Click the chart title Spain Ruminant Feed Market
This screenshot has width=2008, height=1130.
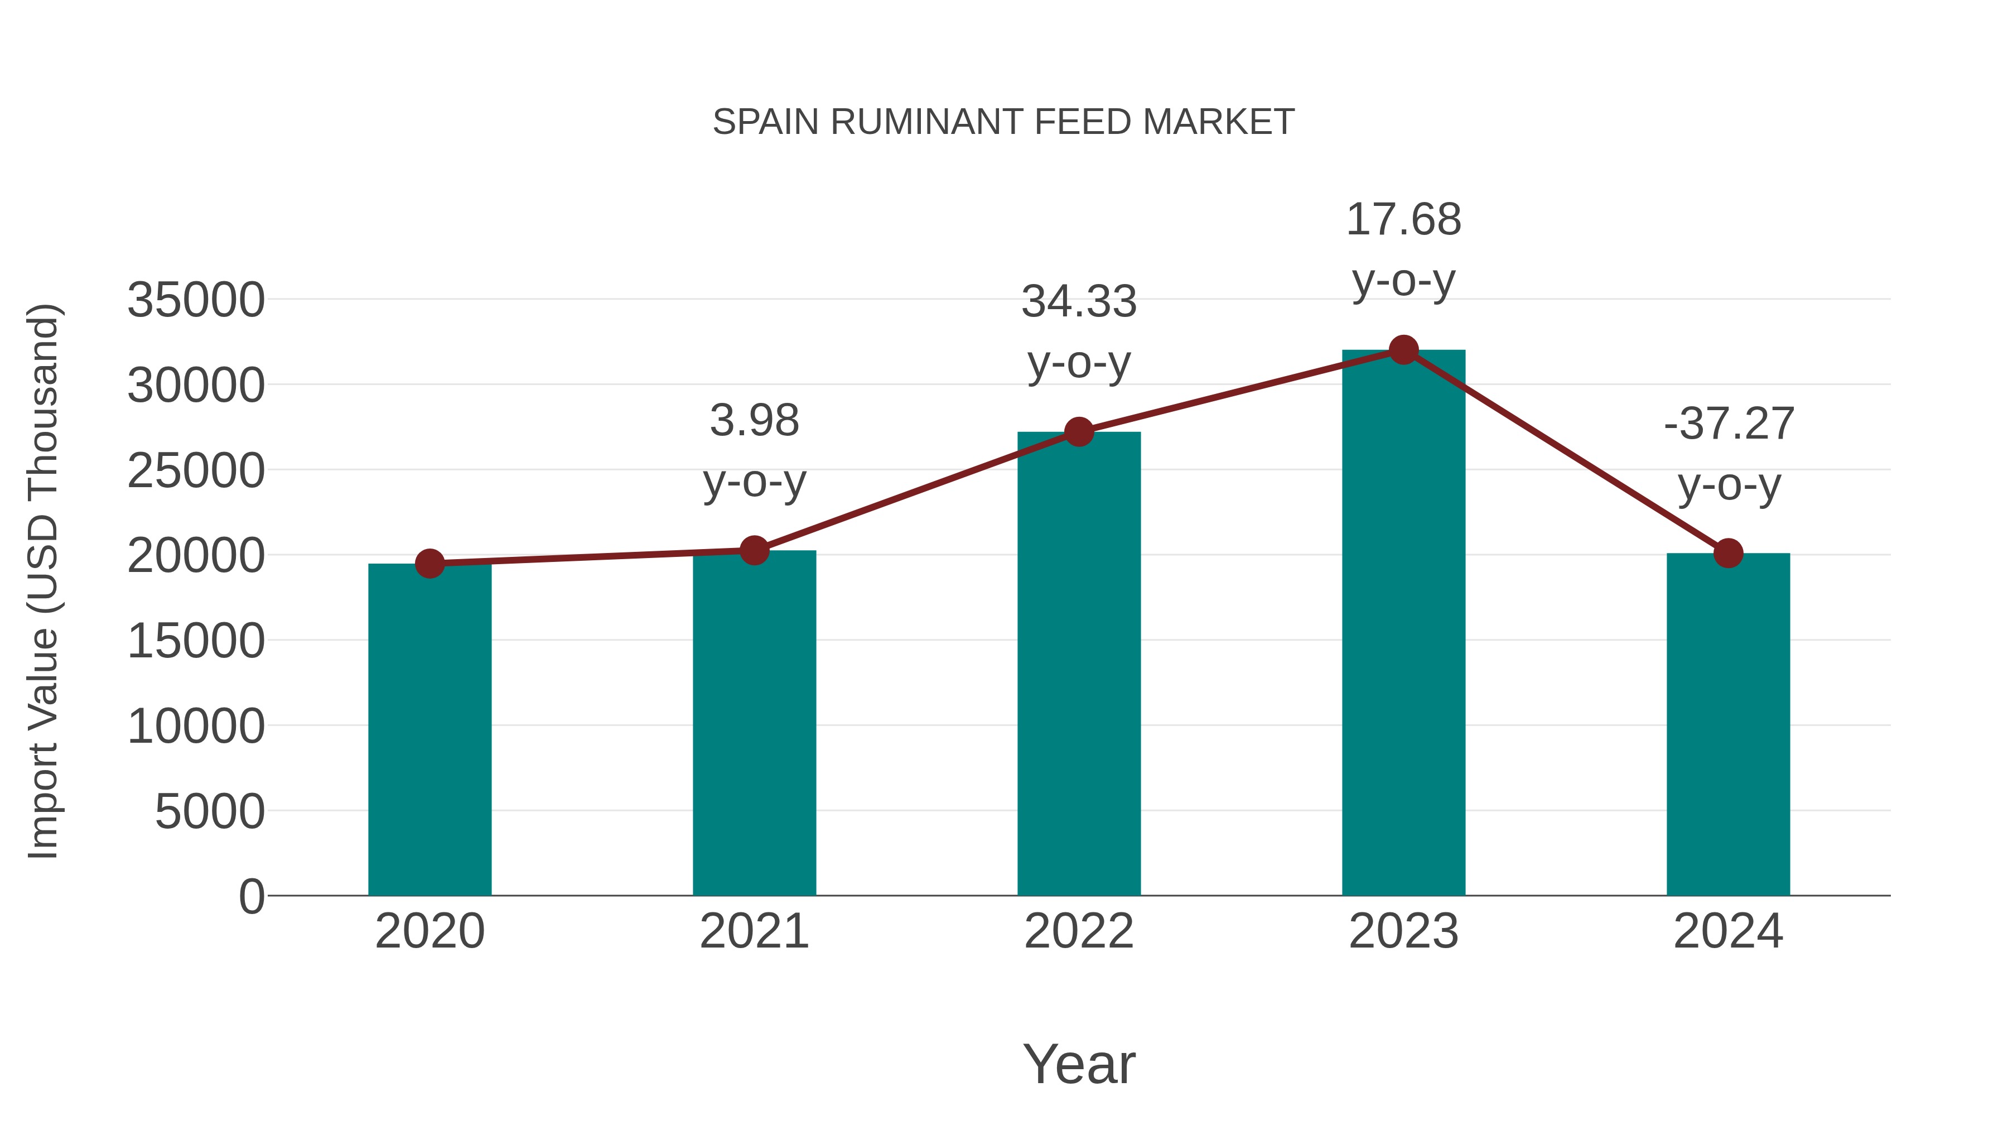[1003, 122]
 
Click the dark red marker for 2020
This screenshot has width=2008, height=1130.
[429, 564]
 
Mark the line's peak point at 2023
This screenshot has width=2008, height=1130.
[1403, 350]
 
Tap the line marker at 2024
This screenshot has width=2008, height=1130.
[1728, 553]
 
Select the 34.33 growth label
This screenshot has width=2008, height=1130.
[1079, 331]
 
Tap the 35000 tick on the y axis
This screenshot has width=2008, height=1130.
[196, 300]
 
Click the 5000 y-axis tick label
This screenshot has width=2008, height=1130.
[210, 812]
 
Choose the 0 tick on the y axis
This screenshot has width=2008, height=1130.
[252, 897]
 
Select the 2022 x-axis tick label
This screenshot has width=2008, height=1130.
[1079, 931]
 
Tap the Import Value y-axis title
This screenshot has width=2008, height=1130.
[44, 581]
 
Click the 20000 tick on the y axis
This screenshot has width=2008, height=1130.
[196, 556]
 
